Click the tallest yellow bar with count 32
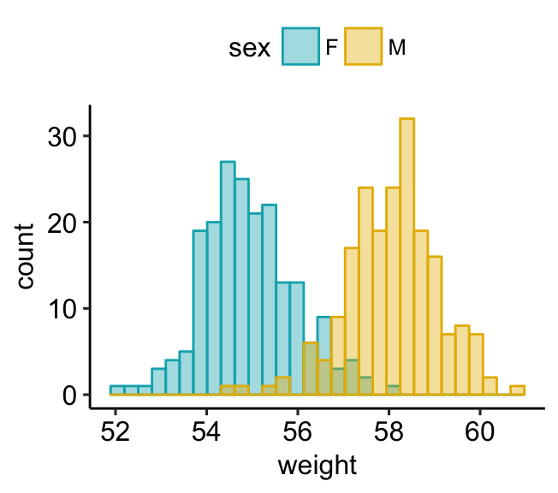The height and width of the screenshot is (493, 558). point(407,257)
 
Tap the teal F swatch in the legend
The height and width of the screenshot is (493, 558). point(301,48)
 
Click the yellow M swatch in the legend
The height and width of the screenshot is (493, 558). point(364,48)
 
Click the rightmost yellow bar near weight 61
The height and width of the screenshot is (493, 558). point(517,390)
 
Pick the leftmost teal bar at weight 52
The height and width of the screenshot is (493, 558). point(117,390)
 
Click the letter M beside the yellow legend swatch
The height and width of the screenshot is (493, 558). point(397,49)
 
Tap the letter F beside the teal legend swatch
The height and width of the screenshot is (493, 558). point(331,49)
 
